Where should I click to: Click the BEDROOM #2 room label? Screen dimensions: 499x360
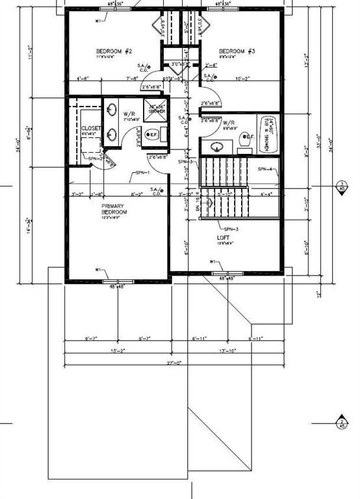coord(114,51)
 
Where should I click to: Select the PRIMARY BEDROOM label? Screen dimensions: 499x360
coord(114,209)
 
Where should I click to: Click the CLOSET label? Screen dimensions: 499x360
coord(91,129)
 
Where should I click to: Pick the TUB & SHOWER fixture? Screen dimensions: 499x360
coord(267,135)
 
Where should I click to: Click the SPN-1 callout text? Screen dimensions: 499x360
coord(142,173)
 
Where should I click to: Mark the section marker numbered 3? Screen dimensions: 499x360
coord(342,186)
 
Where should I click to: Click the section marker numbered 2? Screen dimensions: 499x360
coord(342,423)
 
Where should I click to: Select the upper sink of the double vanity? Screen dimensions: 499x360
coord(112,110)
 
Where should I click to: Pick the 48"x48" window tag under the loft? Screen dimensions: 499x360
coord(225,279)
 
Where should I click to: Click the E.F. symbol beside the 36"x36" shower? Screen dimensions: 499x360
coord(152,135)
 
